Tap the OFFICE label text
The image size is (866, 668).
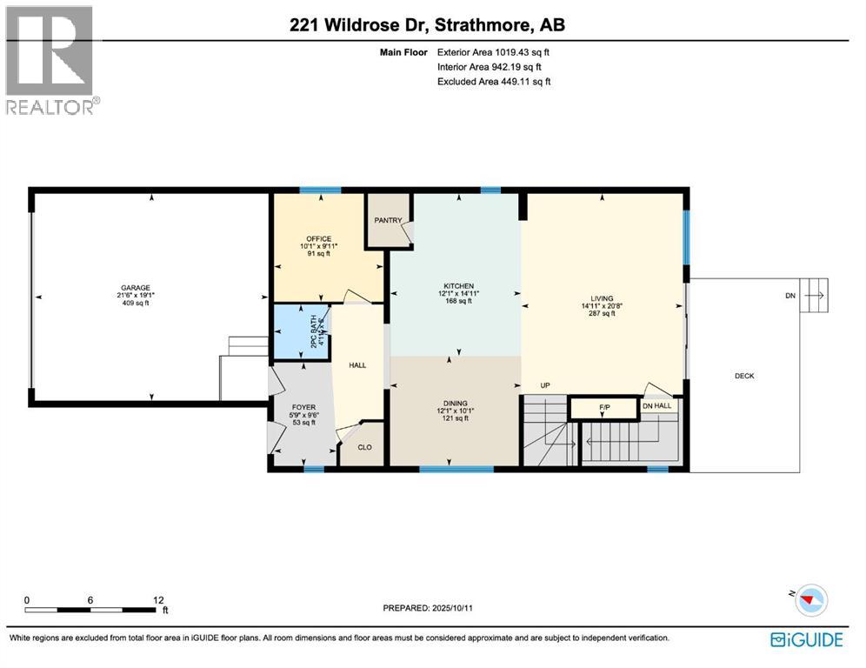317,238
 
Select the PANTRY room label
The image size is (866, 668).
388,221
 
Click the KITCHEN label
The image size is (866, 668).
458,285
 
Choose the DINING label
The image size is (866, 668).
455,404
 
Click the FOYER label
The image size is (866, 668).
303,406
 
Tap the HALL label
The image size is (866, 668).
357,365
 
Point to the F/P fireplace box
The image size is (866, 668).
605,407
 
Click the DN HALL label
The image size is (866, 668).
657,406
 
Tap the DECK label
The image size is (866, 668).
744,377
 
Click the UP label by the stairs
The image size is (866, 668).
546,385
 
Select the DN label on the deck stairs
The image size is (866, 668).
789,296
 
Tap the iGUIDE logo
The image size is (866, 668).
807,639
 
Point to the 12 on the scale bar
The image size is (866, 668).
159,600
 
